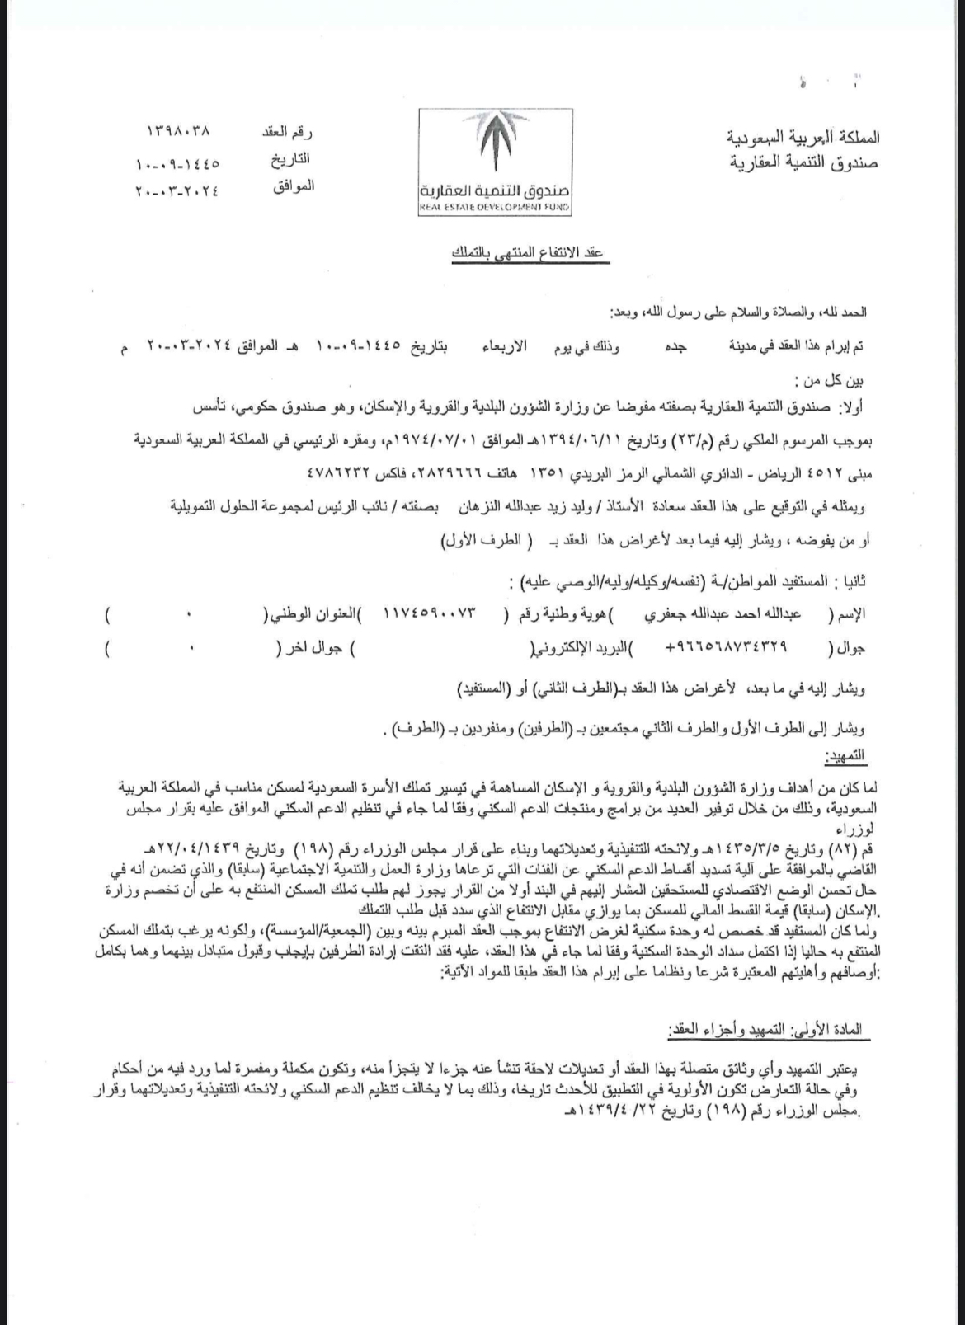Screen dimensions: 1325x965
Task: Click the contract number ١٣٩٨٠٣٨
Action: [179, 130]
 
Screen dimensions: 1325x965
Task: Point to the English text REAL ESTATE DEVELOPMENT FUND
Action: [494, 209]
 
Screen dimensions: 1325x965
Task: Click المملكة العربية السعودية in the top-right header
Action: [804, 136]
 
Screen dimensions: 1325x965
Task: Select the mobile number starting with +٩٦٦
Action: [727, 649]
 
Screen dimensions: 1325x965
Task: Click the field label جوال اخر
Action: [314, 649]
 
